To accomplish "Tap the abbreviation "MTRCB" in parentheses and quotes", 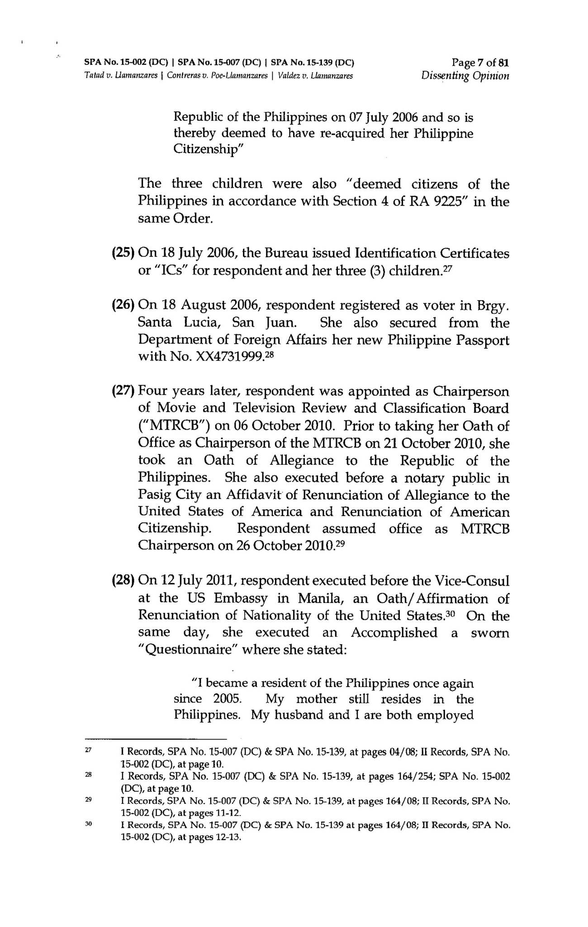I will click(x=172, y=426).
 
